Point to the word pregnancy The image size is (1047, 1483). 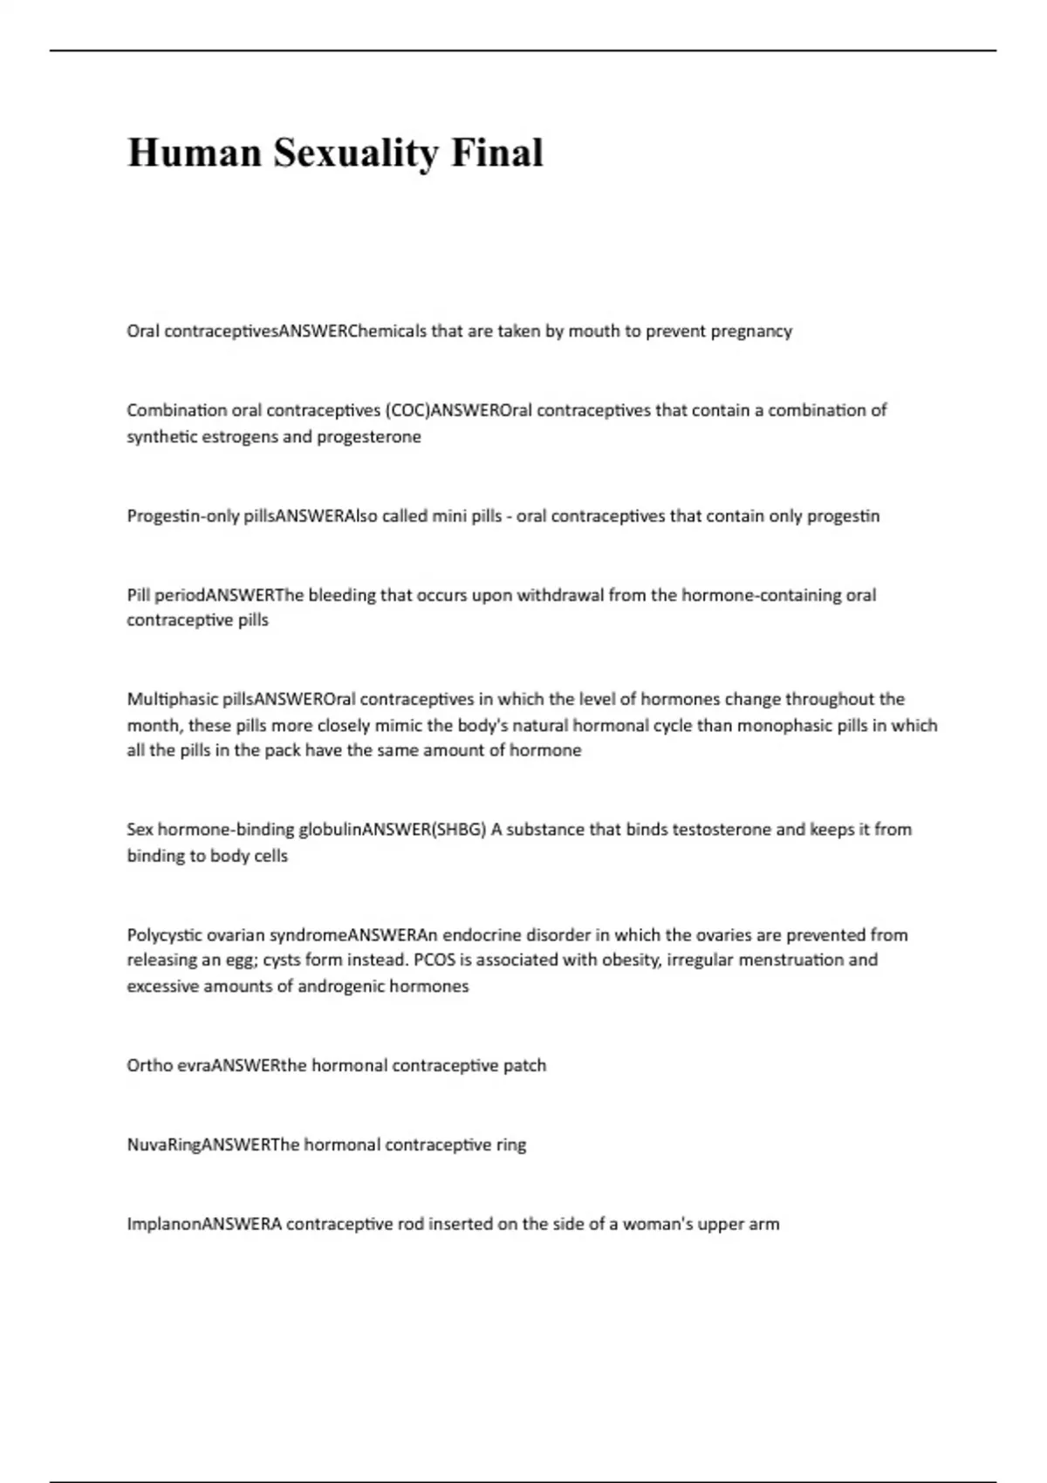click(x=751, y=331)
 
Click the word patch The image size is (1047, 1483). click(x=524, y=1066)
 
